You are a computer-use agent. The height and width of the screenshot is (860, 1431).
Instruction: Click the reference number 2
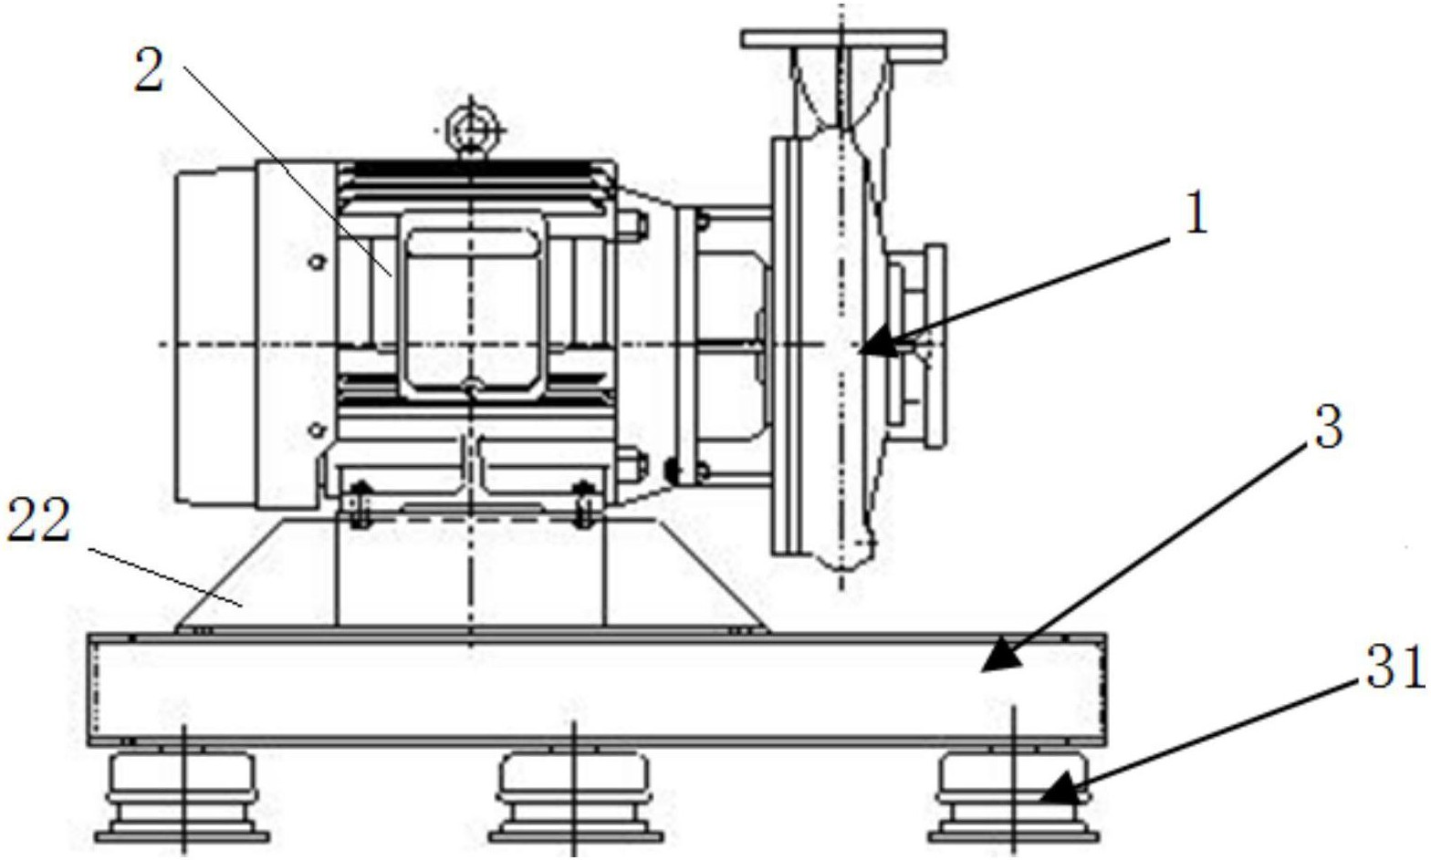tap(149, 69)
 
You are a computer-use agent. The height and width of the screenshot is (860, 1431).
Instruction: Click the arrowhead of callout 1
tap(875, 344)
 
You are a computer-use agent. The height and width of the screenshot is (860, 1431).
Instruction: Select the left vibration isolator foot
tap(183, 797)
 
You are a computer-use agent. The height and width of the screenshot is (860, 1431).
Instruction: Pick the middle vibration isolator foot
tap(575, 797)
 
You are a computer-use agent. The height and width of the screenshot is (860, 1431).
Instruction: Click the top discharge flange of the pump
tap(843, 39)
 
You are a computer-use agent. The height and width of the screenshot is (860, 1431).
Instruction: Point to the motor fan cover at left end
tap(216, 335)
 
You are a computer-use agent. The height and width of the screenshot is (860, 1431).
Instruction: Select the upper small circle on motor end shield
tap(316, 262)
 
